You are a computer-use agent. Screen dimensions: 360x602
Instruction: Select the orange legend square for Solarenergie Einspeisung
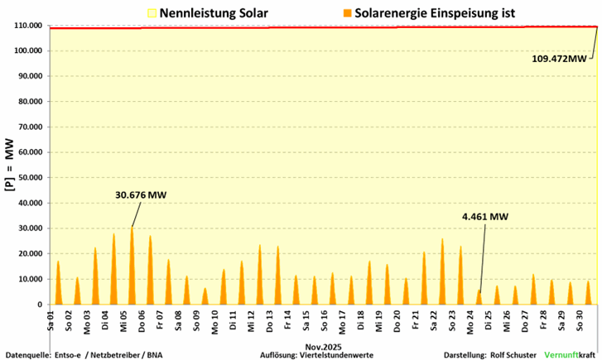(x=345, y=12)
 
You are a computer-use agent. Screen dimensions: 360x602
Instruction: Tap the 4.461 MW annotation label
(x=484, y=217)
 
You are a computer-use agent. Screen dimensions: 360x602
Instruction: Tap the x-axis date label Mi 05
(x=125, y=319)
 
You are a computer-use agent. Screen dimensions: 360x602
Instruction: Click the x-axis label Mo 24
(x=470, y=319)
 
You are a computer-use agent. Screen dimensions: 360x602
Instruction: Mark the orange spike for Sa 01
(x=58, y=286)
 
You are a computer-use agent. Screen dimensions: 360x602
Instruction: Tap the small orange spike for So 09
(x=205, y=297)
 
